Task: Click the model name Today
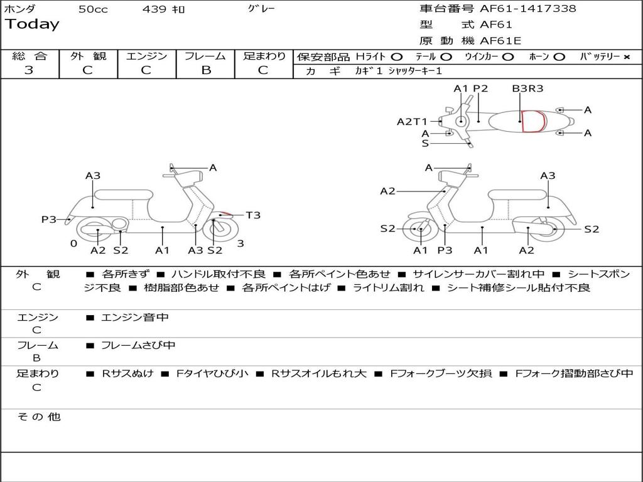(31, 24)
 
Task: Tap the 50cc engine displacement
(93, 9)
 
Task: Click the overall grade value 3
(29, 70)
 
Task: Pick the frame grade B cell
(206, 70)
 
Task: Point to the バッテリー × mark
(626, 56)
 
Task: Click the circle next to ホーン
(559, 56)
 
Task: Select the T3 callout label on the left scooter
(252, 215)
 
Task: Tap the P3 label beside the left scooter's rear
(49, 219)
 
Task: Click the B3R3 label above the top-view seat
(527, 88)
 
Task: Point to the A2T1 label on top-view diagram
(412, 122)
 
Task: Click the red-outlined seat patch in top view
(532, 121)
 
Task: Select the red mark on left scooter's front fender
(224, 214)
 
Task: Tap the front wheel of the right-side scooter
(419, 230)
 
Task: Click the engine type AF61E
(500, 41)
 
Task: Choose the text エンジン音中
(135, 318)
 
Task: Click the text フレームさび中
(138, 345)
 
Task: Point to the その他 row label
(38, 417)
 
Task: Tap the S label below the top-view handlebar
(425, 143)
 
